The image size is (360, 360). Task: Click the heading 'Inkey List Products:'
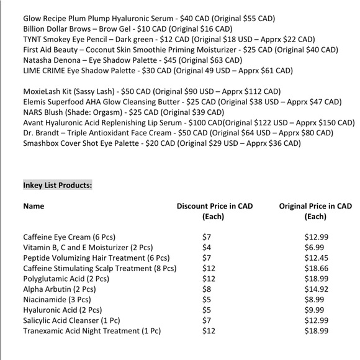point(57,185)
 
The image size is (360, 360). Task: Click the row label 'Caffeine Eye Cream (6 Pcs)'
point(69,237)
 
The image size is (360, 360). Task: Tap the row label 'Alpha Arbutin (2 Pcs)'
point(59,289)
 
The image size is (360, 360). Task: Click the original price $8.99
point(315,300)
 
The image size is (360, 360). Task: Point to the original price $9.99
point(315,310)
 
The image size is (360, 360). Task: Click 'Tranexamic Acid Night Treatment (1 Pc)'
point(92,331)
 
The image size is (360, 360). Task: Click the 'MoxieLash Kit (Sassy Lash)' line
point(152,91)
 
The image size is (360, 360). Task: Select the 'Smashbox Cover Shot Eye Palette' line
point(161,143)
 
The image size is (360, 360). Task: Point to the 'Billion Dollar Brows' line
point(128,29)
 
